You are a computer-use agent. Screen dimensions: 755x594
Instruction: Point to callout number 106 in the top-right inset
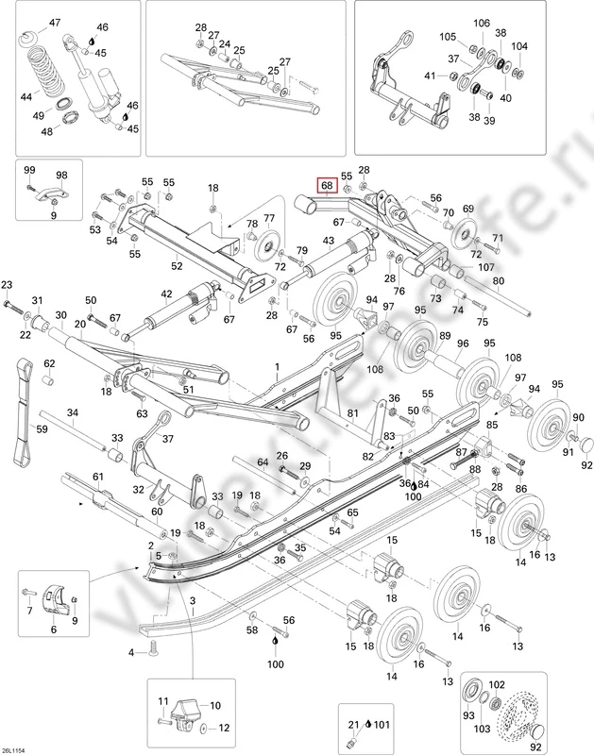pyautogui.click(x=482, y=23)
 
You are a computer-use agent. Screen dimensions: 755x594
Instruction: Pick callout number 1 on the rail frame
pyautogui.click(x=277, y=365)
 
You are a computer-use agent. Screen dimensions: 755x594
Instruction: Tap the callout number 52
pyautogui.click(x=176, y=267)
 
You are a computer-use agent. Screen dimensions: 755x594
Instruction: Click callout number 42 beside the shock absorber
pyautogui.click(x=166, y=295)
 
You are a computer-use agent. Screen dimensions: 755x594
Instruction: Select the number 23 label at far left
pyautogui.click(x=8, y=285)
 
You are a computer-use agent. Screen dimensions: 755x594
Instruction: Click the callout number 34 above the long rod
pyautogui.click(x=73, y=412)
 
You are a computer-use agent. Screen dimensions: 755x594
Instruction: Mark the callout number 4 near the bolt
pyautogui.click(x=130, y=651)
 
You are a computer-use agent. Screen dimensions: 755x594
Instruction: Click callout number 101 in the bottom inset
pyautogui.click(x=381, y=725)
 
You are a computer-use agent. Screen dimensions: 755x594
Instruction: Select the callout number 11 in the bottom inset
pyautogui.click(x=162, y=701)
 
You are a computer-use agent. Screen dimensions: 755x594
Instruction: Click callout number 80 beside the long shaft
pyautogui.click(x=498, y=280)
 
